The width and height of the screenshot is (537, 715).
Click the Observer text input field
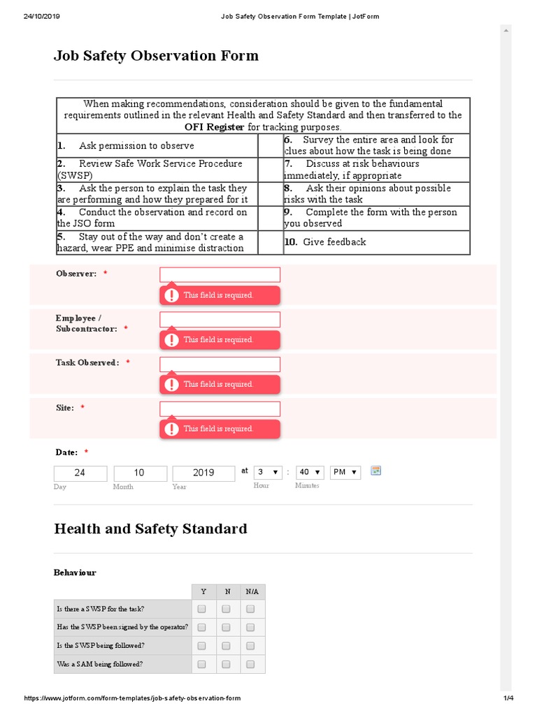pos(220,274)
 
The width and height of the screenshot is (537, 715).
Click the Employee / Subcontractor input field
pos(220,319)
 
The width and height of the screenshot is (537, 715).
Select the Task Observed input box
pos(220,364)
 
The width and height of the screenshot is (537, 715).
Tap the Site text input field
pos(220,408)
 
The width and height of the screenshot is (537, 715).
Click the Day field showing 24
pos(80,473)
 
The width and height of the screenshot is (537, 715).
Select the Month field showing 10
pos(140,473)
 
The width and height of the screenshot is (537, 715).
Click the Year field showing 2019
pos(203,473)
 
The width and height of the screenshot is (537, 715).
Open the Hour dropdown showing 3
pos(268,472)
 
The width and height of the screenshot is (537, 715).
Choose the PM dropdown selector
pos(346,472)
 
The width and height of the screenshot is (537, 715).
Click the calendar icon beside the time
pos(375,471)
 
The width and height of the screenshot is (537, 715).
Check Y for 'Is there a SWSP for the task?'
pos(202,609)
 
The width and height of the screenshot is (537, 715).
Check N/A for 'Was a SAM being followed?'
pos(250,664)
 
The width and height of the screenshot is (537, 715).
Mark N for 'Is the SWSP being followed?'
pos(226,646)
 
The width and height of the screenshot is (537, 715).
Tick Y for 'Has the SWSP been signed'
pos(202,627)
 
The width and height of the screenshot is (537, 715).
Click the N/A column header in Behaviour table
pos(252,591)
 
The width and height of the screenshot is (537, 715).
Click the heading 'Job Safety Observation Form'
pos(156,56)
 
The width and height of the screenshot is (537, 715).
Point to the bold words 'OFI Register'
pos(214,127)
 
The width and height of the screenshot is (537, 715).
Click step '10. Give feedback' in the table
pos(325,242)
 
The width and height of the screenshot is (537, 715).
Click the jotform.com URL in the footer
pos(133,699)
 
